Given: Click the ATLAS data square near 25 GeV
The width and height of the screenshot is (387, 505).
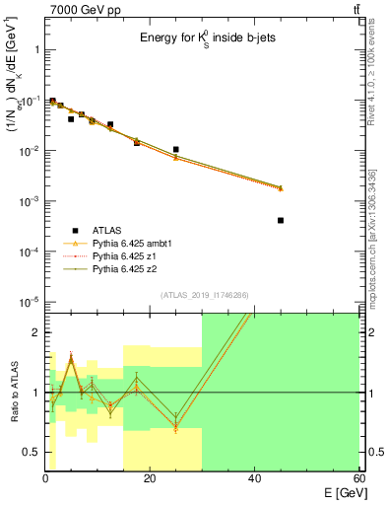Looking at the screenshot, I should [x=175, y=150].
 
